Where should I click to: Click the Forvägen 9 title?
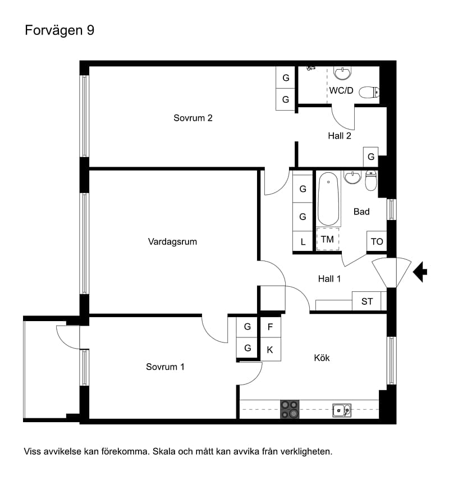59,31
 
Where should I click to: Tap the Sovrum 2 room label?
193,118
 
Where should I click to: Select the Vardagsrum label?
172,242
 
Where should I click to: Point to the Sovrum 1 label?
165,367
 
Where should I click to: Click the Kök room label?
322,358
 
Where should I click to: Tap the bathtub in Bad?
328,199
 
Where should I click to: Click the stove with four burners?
290,409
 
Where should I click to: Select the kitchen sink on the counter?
342,410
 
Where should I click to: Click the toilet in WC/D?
369,92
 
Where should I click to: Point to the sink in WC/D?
342,73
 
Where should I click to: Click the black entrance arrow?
420,272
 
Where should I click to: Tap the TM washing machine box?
328,239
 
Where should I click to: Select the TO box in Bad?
377,241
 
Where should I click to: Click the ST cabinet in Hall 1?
366,301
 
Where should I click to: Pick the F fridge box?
271,327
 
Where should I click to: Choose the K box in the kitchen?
271,350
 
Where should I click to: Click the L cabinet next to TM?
303,242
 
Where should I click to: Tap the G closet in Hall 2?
371,157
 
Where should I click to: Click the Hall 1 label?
329,279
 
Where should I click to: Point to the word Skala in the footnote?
164,451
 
